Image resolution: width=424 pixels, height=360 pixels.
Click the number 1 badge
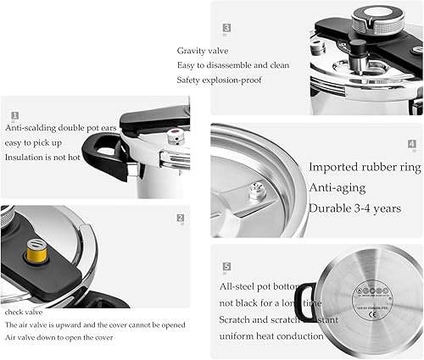14,114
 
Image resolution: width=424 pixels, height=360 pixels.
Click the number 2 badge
181,218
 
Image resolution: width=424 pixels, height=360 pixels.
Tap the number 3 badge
226,27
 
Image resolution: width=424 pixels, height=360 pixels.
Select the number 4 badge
411,145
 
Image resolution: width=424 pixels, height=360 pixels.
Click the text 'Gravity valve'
204,50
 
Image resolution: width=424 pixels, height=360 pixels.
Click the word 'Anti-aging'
338,187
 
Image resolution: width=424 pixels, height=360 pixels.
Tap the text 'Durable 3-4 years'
354,208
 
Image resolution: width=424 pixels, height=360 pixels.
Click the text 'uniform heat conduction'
271,336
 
